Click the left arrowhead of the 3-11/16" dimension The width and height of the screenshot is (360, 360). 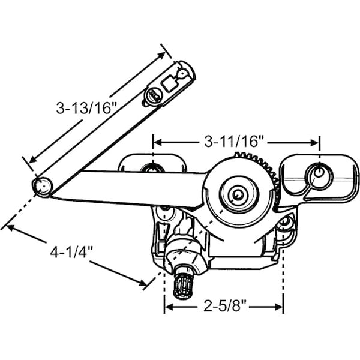pos(157,142)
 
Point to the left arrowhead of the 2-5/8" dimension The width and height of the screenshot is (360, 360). pos(167,307)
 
